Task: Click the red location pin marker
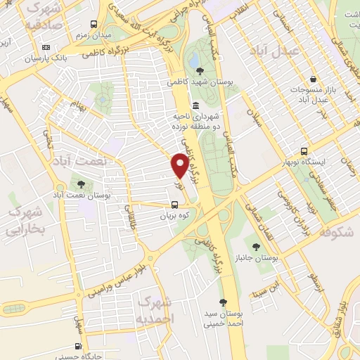tap(180, 165)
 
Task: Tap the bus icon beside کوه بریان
tap(174, 205)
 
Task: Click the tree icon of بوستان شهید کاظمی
tap(202, 70)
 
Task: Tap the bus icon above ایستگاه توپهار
tap(304, 150)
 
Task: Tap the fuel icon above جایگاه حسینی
tap(78, 346)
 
